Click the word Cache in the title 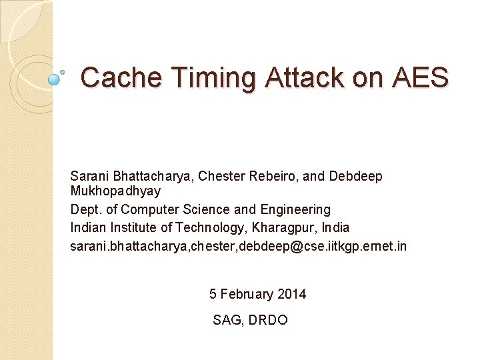(121, 78)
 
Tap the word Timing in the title (214, 78)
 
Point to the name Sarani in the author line (89, 177)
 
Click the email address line (238, 246)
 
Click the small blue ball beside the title (55, 79)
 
